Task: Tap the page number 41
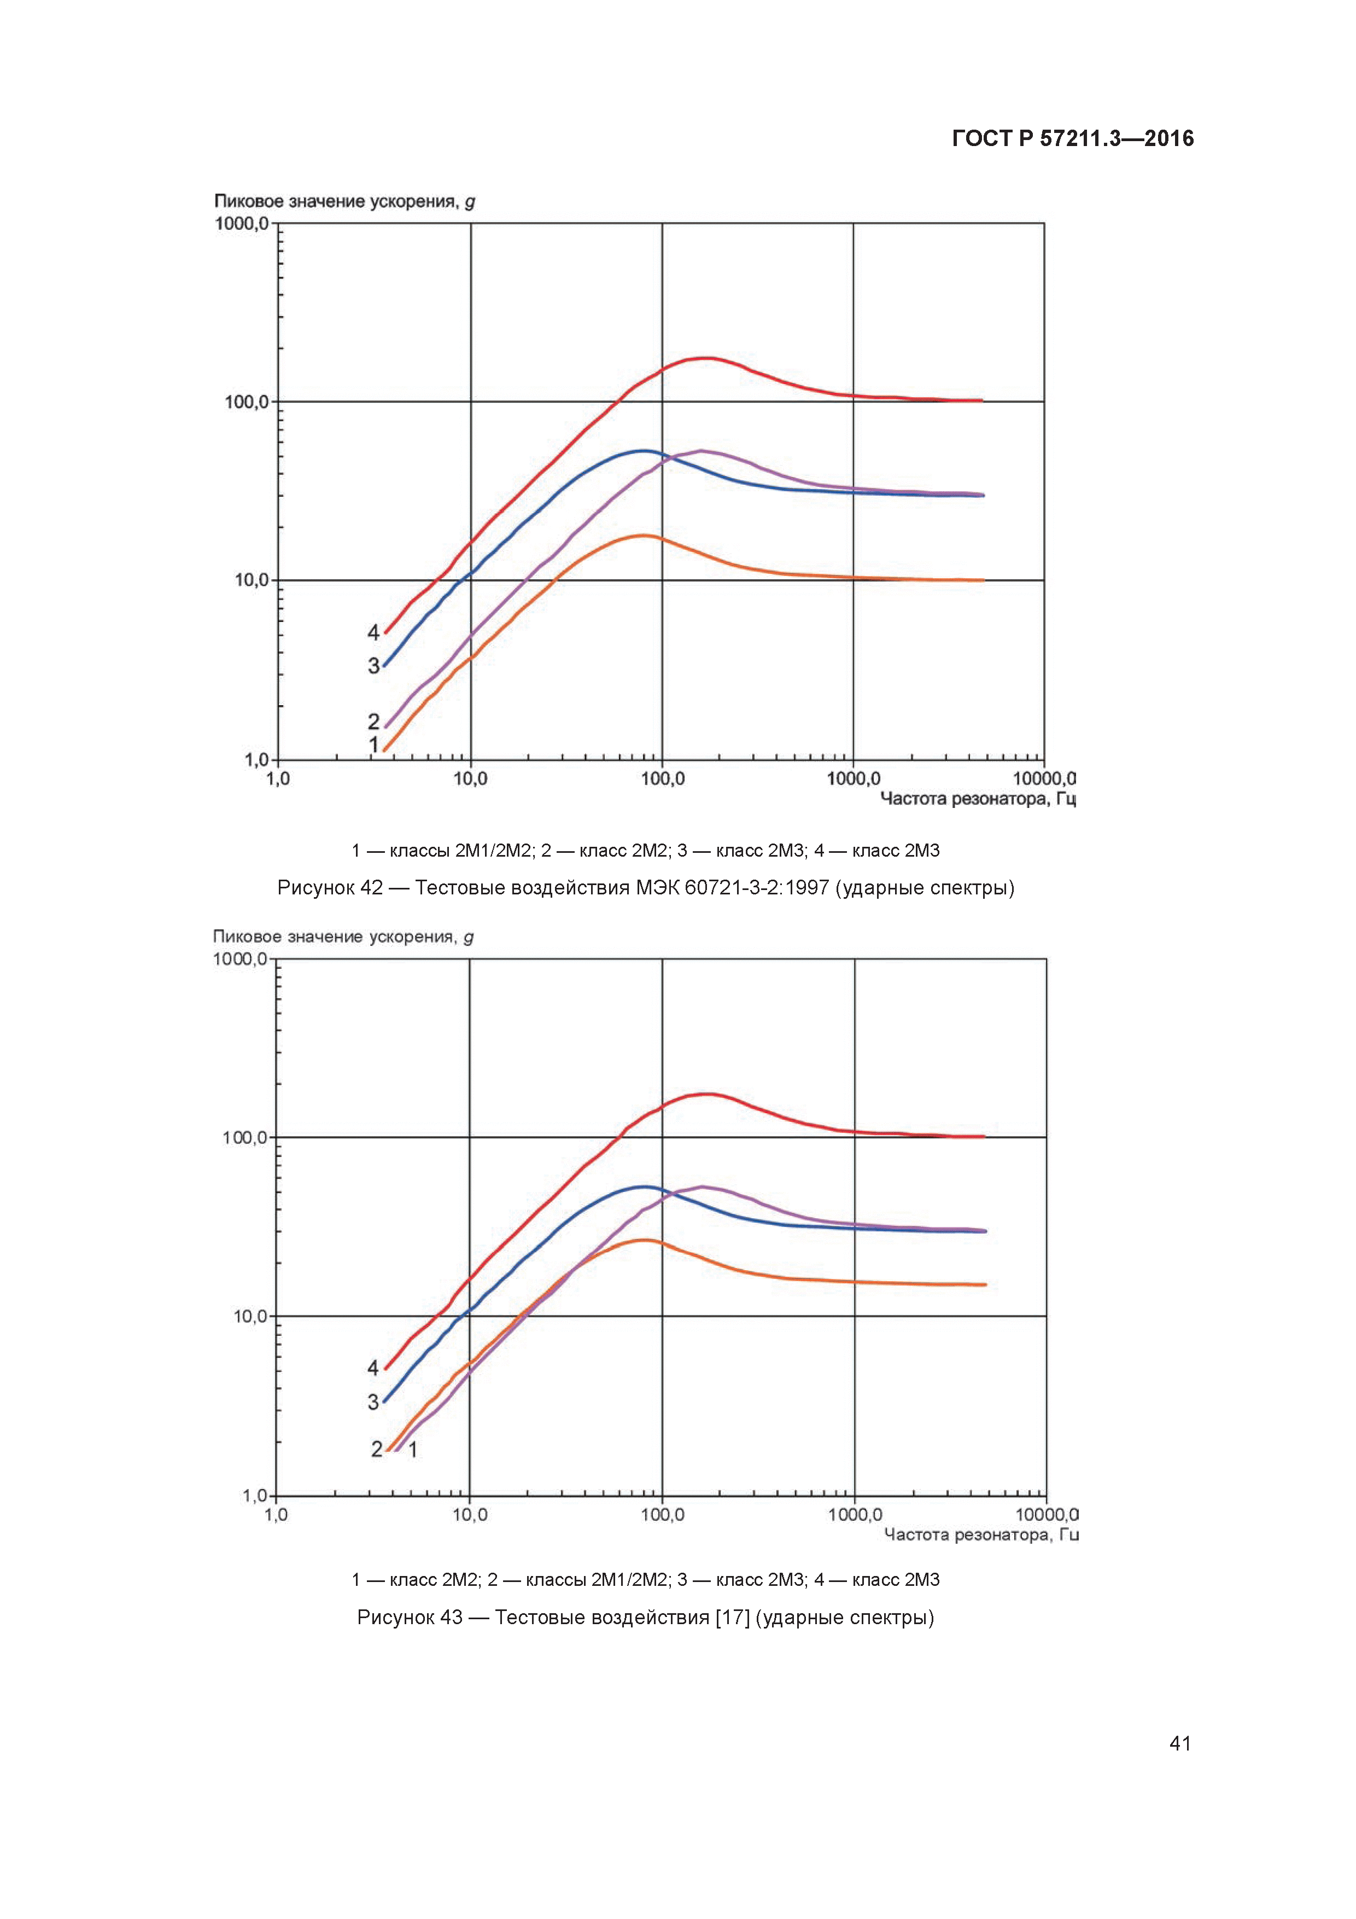point(1180,1743)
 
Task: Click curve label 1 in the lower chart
point(413,1449)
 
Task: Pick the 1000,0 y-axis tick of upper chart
point(242,224)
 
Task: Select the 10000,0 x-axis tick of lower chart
point(1046,1515)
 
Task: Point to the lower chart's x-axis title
point(981,1534)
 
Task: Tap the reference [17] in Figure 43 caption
point(732,1617)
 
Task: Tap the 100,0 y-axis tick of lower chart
point(245,1137)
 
